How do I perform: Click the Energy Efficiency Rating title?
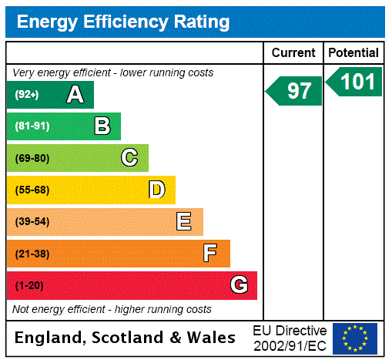[x=123, y=22]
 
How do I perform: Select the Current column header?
[x=293, y=52]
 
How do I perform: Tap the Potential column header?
[x=353, y=52]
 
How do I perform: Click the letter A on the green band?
[x=75, y=95]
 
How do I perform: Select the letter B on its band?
[x=102, y=126]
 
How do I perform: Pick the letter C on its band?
[x=129, y=158]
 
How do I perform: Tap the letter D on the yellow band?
[x=156, y=190]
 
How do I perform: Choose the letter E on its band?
[x=184, y=222]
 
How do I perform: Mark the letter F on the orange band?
[x=210, y=254]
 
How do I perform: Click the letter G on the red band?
[x=239, y=285]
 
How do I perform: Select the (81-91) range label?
[x=32, y=126]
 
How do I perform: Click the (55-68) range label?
[x=32, y=190]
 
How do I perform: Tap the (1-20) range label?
[x=29, y=285]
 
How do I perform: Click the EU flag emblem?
[x=355, y=338]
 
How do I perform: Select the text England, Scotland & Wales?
[x=126, y=338]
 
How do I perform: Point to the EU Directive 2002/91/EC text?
[x=290, y=338]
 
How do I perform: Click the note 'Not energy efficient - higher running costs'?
[x=112, y=309]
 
